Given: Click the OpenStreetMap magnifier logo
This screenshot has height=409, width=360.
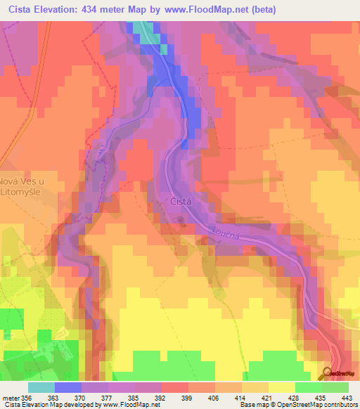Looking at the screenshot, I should pos(330,372).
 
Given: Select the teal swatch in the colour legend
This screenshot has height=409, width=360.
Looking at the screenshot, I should pos(41,387).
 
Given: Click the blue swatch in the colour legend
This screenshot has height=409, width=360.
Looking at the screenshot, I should pos(68,387).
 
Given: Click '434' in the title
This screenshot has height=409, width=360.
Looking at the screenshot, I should pos(97,10).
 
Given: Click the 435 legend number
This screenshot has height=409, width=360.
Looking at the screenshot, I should pos(314,396).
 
